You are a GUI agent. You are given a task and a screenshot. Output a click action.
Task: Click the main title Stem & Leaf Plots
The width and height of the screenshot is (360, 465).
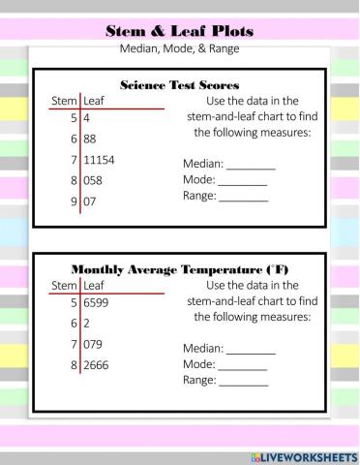pos(179,31)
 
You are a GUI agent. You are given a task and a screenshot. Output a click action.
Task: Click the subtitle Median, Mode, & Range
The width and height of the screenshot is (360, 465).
pos(179,47)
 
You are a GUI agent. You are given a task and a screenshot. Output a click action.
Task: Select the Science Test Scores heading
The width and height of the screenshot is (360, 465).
pos(179,85)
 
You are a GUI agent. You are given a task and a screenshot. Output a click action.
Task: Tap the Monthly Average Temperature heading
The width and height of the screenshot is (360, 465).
pos(179,268)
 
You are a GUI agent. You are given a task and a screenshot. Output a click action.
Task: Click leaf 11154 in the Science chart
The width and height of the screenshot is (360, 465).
pos(100,159)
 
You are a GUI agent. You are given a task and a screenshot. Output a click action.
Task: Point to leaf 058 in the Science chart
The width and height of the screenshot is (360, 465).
pos(94,180)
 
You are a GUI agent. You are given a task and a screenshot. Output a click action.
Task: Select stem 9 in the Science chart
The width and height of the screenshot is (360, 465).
pos(73,201)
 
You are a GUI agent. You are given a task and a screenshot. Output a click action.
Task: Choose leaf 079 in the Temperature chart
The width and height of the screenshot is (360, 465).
pos(94,344)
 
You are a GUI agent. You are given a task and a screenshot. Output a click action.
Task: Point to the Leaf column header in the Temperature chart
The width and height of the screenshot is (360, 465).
pos(94,286)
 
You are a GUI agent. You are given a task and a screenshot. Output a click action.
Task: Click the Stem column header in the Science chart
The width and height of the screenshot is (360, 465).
pos(64,100)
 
